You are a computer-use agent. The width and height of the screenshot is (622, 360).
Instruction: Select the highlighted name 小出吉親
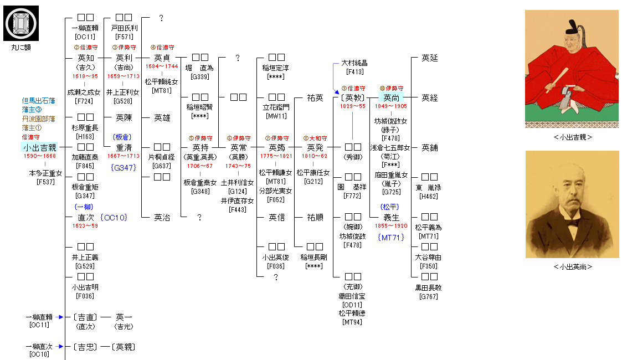(x=40, y=147)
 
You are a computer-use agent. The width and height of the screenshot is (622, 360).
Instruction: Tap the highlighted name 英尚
(x=391, y=97)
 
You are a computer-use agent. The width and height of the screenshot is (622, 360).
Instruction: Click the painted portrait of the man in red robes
(x=572, y=69)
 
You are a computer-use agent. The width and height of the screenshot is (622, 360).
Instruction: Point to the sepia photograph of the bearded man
(x=572, y=204)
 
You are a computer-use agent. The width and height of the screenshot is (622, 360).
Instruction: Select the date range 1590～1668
(x=39, y=156)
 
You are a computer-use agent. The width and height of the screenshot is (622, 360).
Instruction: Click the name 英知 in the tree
(x=86, y=58)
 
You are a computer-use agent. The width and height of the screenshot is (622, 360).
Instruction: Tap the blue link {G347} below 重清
(x=124, y=167)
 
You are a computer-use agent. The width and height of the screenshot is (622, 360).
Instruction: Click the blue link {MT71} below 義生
(x=392, y=238)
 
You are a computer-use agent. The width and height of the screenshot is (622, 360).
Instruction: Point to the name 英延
(x=429, y=58)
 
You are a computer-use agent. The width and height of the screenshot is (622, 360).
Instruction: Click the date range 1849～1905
(x=390, y=106)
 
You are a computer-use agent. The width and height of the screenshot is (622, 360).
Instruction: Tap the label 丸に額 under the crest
(x=21, y=48)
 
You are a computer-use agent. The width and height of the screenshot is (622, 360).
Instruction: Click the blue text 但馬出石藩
(x=38, y=101)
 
